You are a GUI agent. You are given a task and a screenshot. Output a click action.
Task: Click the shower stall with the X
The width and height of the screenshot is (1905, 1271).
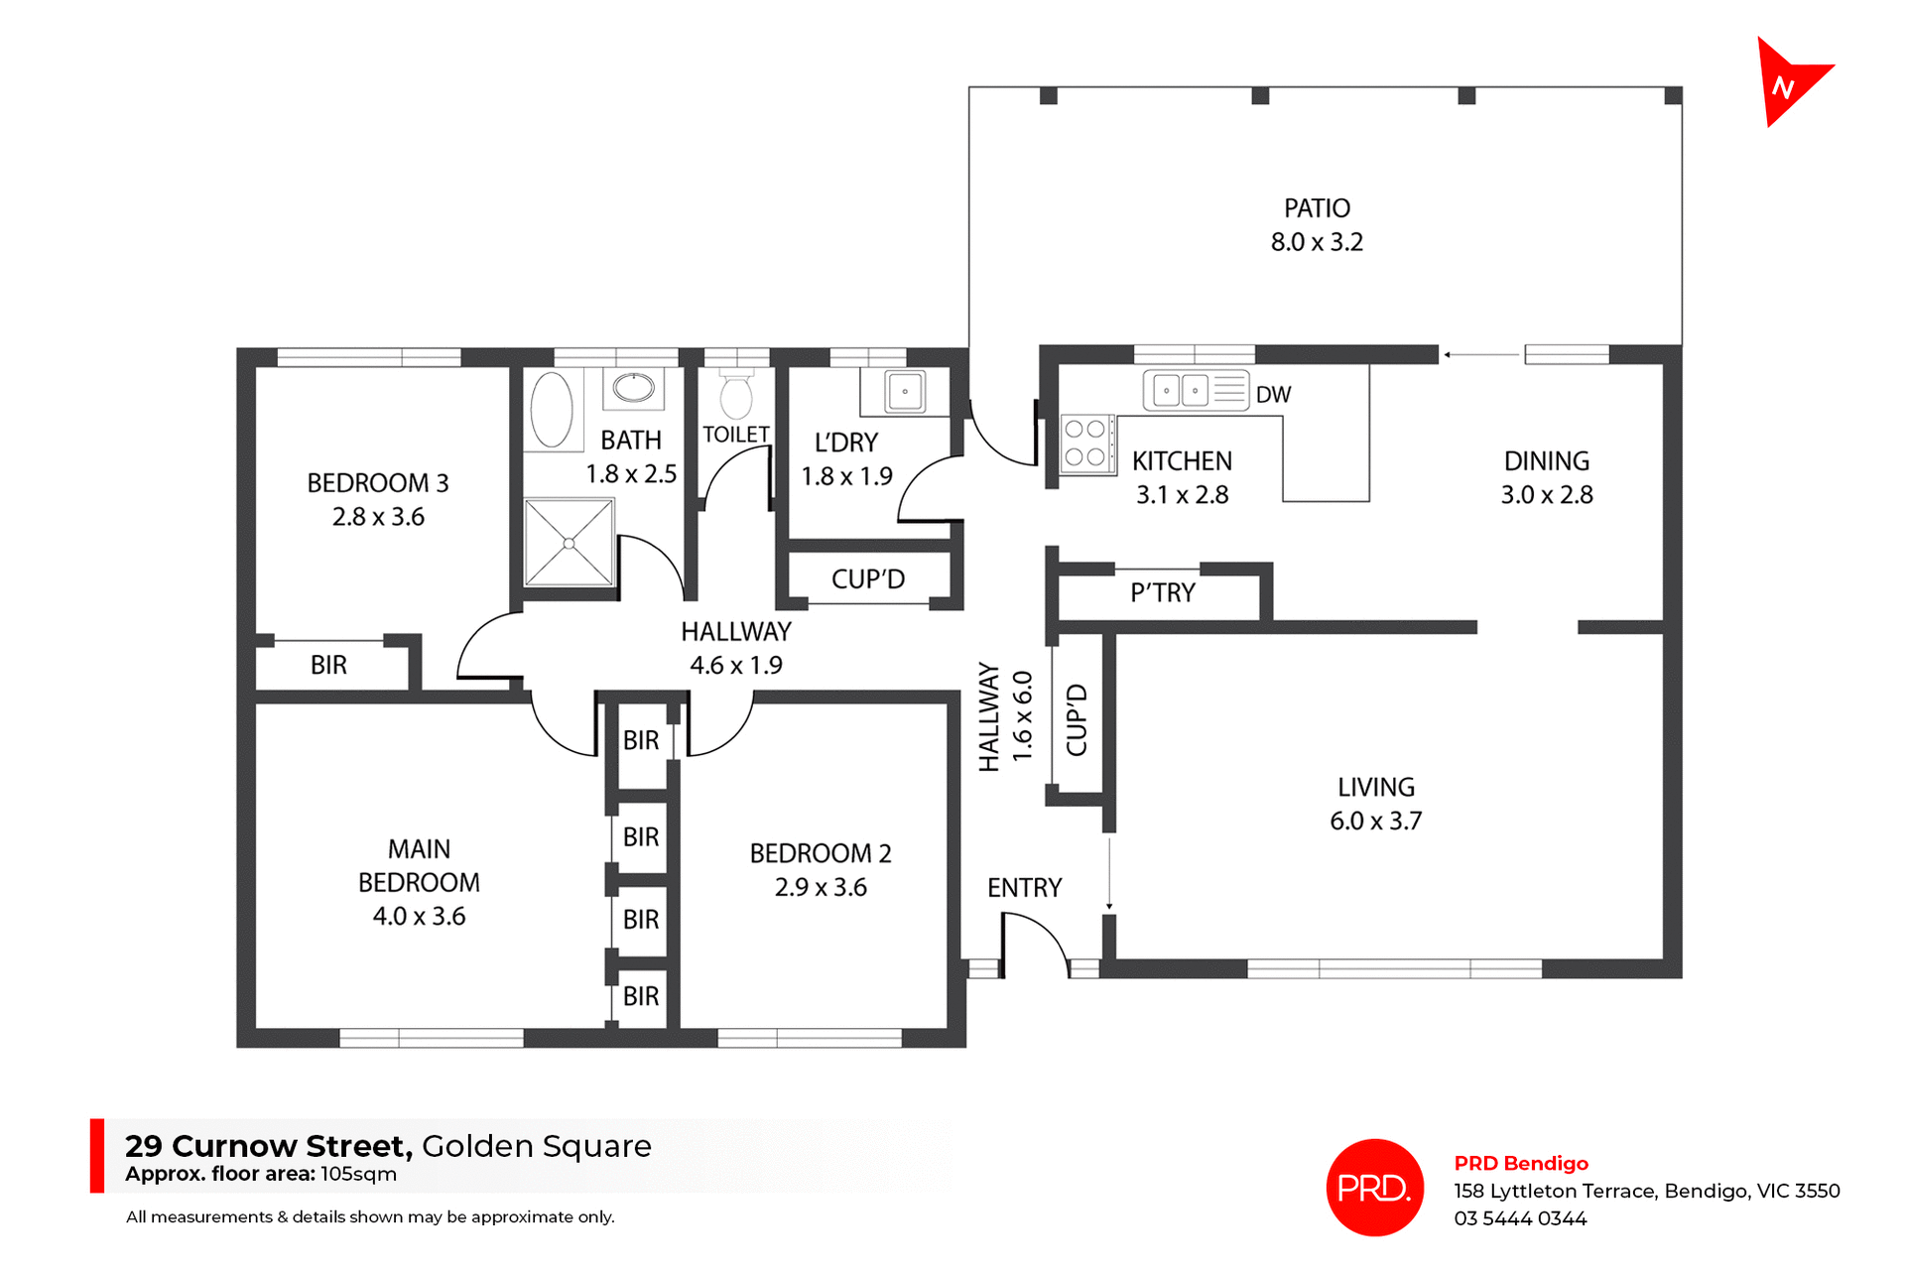pos(569,543)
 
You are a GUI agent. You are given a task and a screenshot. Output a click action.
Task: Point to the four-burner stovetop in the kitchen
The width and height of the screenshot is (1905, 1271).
pos(1085,444)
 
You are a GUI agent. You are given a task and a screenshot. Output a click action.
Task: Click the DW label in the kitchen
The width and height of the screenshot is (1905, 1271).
pos(1273,395)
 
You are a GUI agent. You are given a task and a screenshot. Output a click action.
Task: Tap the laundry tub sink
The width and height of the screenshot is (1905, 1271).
pos(905,391)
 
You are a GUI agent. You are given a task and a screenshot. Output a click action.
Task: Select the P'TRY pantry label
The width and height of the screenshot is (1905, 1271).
pos(1163,593)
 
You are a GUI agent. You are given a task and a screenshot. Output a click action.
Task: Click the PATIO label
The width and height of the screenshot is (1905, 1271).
pos(1317,208)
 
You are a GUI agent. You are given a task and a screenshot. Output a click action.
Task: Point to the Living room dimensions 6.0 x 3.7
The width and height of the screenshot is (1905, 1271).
pos(1375,822)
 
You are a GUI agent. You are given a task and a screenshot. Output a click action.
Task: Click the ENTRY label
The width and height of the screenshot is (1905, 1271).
pos(1024,888)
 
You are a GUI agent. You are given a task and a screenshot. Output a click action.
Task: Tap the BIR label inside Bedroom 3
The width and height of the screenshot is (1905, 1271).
pos(328,665)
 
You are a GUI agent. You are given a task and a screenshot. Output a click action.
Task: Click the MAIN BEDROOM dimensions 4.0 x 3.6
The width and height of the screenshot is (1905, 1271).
pos(419,917)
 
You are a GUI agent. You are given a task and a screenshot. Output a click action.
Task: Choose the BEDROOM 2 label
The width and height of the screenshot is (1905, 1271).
pos(821,853)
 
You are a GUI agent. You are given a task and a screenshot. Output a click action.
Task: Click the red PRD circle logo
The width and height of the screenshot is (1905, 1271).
pos(1374,1188)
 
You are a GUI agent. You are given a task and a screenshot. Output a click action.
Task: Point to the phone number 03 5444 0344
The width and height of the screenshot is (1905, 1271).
pos(1520,1218)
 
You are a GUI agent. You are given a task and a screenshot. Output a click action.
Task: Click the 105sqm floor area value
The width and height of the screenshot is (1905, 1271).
pos(358,1174)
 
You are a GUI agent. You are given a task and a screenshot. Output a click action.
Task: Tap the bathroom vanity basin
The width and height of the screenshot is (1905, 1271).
pos(633,386)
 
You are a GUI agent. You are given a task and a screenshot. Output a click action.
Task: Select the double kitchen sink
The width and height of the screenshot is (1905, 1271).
pos(1182,390)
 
